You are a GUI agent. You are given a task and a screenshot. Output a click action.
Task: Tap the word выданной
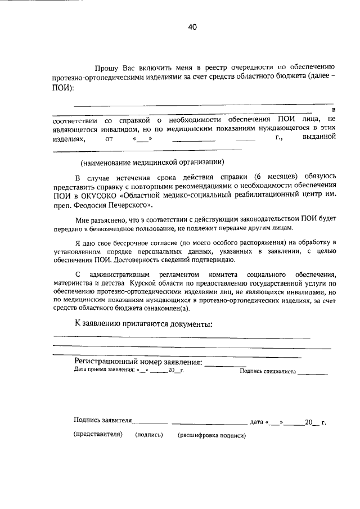(x=319, y=138)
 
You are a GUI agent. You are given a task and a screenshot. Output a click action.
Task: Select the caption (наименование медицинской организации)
(x=152, y=163)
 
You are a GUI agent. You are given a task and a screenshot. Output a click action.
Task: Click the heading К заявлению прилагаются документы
(x=143, y=325)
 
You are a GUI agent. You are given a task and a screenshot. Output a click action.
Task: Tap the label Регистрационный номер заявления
(x=138, y=362)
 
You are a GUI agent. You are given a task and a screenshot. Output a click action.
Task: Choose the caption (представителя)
(x=97, y=435)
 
